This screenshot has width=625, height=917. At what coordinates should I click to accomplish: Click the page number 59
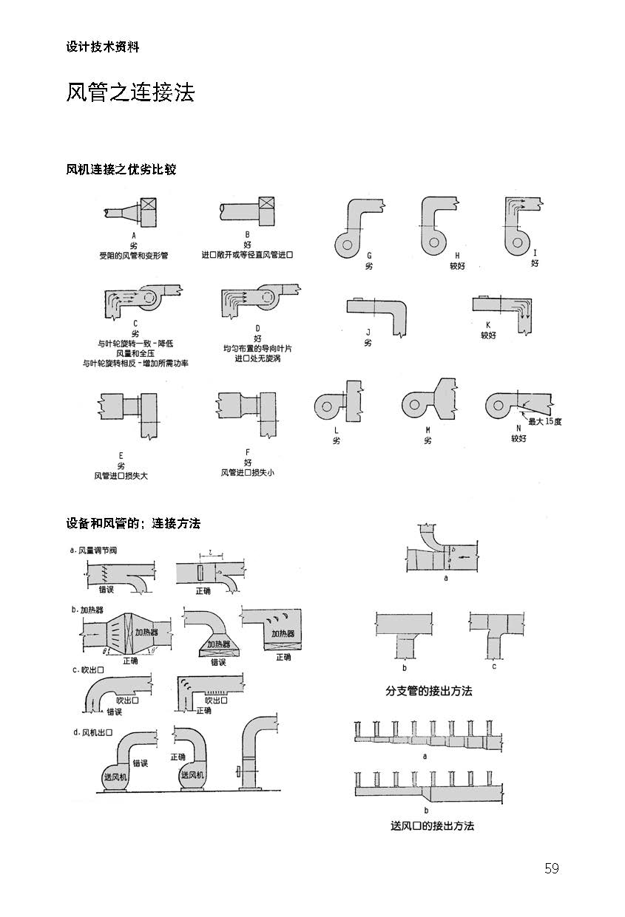pyautogui.click(x=552, y=868)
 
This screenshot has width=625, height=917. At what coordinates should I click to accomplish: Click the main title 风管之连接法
pyautogui.click(x=130, y=92)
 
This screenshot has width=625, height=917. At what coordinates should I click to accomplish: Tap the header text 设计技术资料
pyautogui.click(x=103, y=47)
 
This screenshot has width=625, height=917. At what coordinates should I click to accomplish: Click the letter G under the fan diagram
pyautogui.click(x=369, y=256)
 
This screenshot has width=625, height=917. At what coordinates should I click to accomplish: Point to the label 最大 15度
pyautogui.click(x=545, y=421)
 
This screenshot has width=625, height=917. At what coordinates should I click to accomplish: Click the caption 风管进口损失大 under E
pyautogui.click(x=121, y=476)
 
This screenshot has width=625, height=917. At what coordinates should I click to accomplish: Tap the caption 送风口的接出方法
pyautogui.click(x=432, y=825)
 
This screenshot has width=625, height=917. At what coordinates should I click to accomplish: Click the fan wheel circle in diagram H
pyautogui.click(x=434, y=242)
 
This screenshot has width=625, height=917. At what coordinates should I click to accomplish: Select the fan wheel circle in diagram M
pyautogui.click(x=414, y=405)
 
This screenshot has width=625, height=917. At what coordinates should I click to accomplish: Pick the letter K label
pyautogui.click(x=488, y=325)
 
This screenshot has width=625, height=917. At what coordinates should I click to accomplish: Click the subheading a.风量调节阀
pyautogui.click(x=93, y=550)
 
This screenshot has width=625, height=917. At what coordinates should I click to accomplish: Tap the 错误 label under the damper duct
pyautogui.click(x=107, y=589)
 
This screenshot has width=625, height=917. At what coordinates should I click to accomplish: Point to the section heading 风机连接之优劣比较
pyautogui.click(x=121, y=169)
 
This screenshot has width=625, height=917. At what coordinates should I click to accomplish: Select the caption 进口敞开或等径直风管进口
pyautogui.click(x=247, y=255)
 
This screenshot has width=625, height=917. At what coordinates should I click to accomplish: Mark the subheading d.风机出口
pyautogui.click(x=93, y=732)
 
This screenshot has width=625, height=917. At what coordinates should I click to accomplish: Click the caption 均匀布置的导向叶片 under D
pyautogui.click(x=257, y=349)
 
